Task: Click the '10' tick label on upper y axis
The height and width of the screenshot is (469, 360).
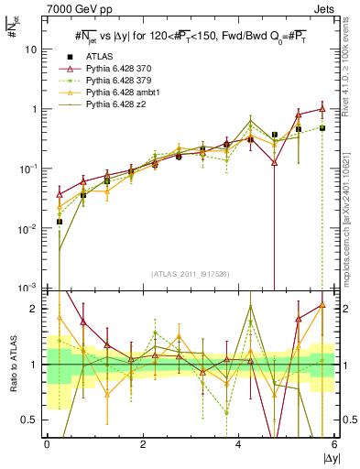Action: [x=31, y=49]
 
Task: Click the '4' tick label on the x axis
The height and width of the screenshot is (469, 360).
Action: [x=239, y=443]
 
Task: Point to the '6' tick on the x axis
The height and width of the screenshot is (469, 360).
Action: [x=334, y=443]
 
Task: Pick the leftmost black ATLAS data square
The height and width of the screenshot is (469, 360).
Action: [x=60, y=222]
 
